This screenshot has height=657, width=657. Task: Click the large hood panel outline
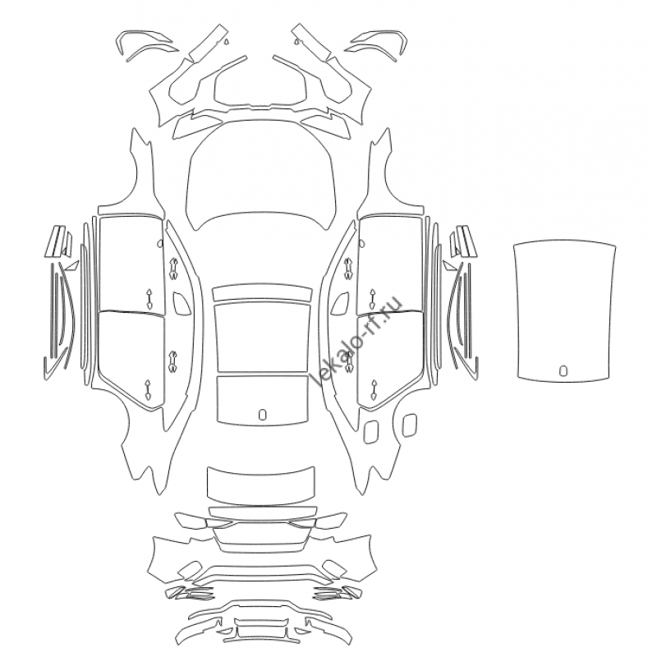[x=261, y=176]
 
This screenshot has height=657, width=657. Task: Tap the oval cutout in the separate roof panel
[x=563, y=370]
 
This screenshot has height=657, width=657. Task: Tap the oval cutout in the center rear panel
[x=262, y=414]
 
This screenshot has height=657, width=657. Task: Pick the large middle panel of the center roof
[x=262, y=338]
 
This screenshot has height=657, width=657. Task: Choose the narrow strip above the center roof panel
[x=262, y=293]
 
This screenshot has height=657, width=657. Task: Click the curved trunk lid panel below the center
[x=260, y=485]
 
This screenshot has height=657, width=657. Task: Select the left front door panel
[x=131, y=264]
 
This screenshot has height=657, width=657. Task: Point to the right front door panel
[x=391, y=264]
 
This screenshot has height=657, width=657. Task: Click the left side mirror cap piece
[x=181, y=302]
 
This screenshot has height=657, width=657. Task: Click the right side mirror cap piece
[x=340, y=302]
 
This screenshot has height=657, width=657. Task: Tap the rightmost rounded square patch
[x=409, y=425]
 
